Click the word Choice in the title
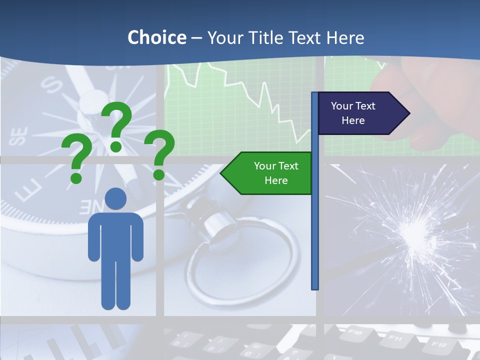156,37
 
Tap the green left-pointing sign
270,173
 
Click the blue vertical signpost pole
314,225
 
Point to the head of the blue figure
115,198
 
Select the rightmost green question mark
160,154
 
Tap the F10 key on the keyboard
354,332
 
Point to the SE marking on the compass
18,136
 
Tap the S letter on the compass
52,85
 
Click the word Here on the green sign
276,180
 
